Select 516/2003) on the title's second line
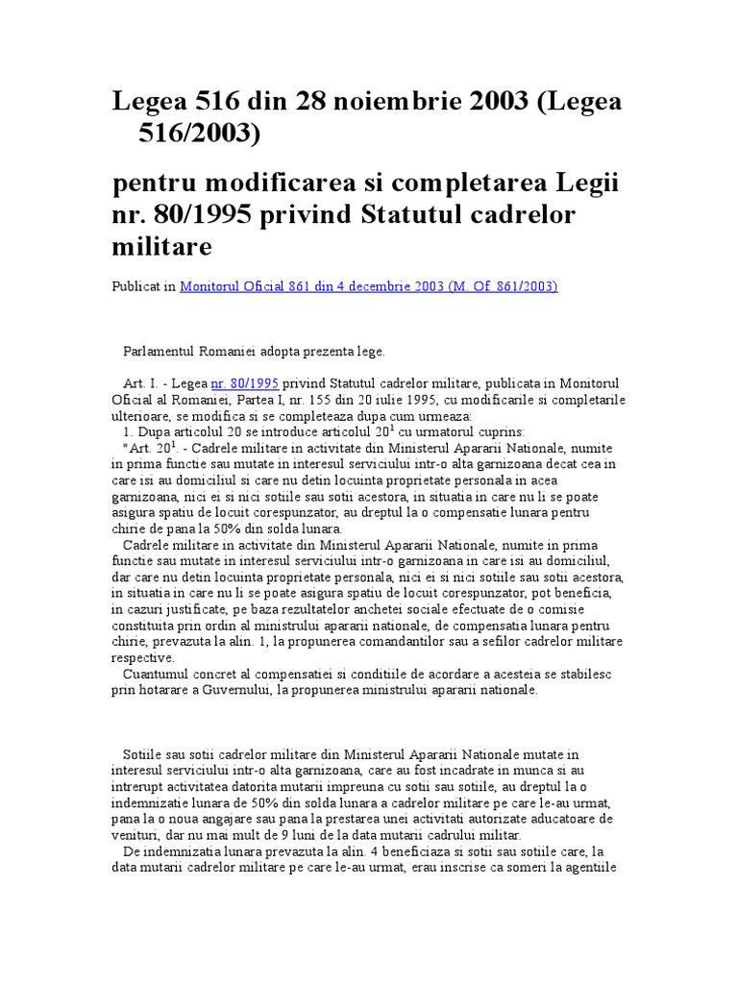[202, 135]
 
